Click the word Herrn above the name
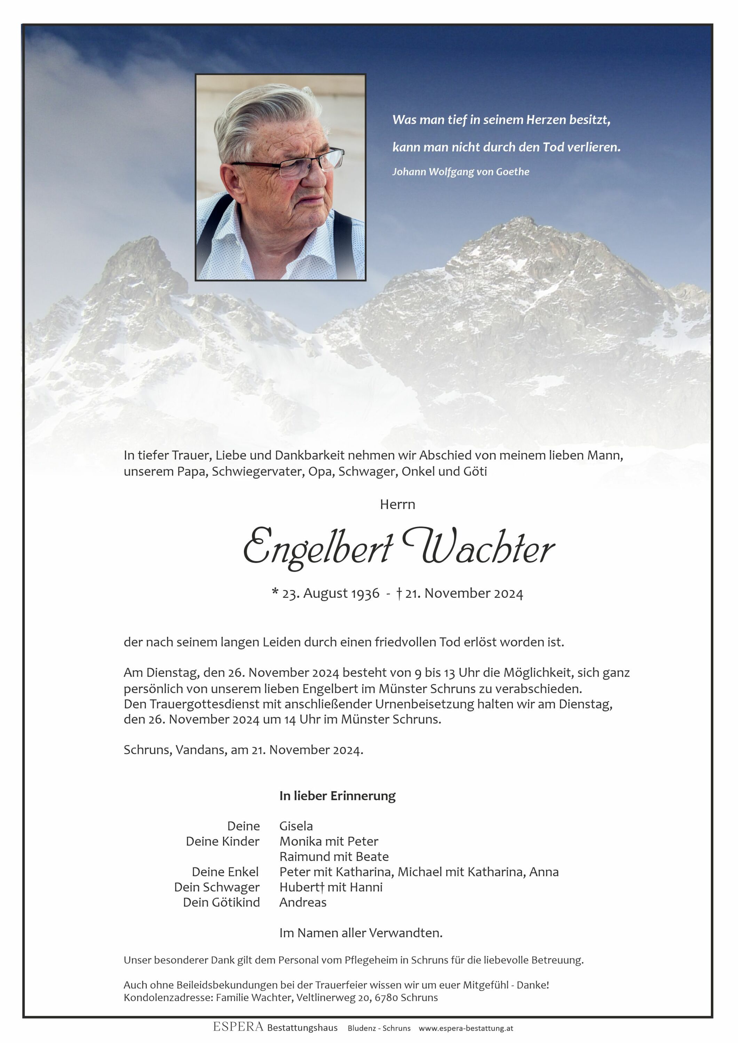(x=398, y=504)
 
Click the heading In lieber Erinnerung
(x=337, y=796)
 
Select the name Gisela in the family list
(x=296, y=826)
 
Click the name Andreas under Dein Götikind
(x=303, y=902)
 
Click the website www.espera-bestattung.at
(x=466, y=1028)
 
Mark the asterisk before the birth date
(x=275, y=592)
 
